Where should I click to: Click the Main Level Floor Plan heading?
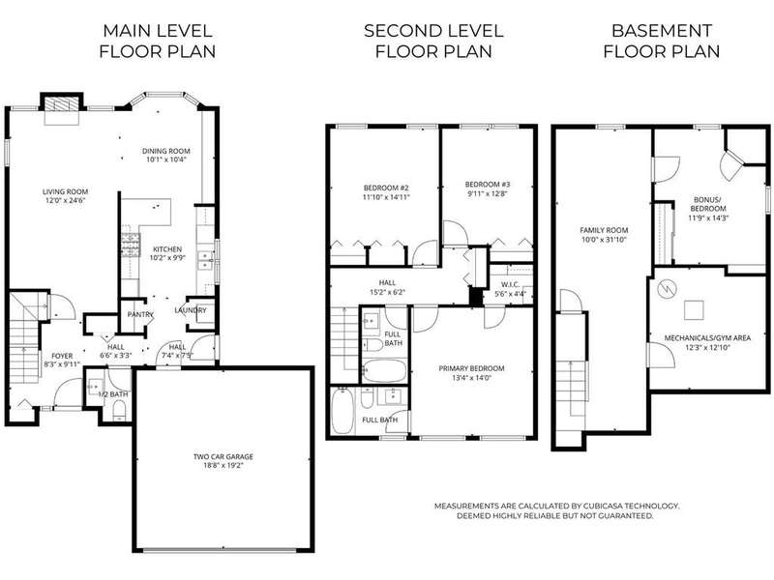(158, 41)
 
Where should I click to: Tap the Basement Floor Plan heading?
(662, 41)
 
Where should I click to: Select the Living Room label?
(65, 191)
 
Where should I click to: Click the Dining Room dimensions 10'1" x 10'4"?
(165, 159)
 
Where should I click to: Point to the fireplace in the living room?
(62, 104)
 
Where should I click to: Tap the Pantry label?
(140, 315)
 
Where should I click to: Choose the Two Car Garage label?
(223, 456)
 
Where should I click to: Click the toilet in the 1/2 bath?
(119, 410)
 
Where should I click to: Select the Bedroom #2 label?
(386, 188)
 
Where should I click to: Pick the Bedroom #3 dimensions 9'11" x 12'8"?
(488, 193)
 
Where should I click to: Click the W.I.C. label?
(510, 284)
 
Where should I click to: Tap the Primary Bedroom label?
(471, 368)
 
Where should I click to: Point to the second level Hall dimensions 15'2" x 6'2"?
(388, 292)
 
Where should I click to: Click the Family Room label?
(604, 230)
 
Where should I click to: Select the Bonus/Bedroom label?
(708, 204)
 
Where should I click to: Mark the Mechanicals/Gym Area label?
(707, 337)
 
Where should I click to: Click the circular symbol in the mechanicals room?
(667, 288)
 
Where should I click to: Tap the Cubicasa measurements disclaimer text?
(557, 511)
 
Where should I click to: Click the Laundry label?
(190, 310)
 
